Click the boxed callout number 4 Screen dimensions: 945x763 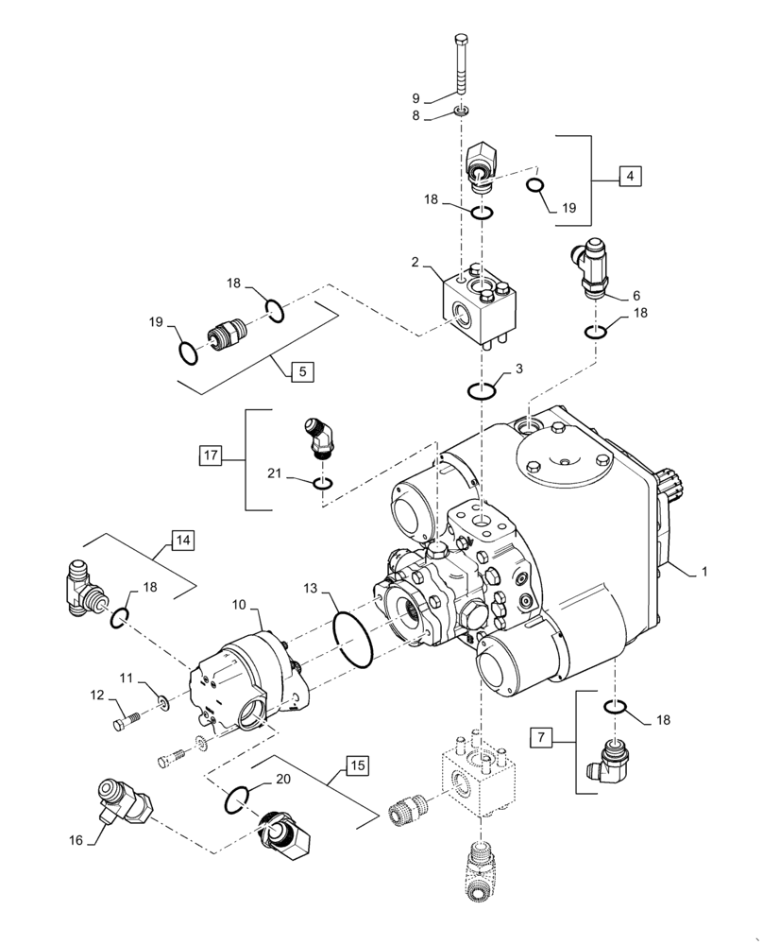(629, 176)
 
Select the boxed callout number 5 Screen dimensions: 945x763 (301, 371)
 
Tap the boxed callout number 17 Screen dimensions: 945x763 (210, 455)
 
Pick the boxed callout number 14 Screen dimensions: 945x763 (182, 541)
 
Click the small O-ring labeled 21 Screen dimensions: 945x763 (323, 485)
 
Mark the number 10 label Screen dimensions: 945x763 (240, 602)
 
